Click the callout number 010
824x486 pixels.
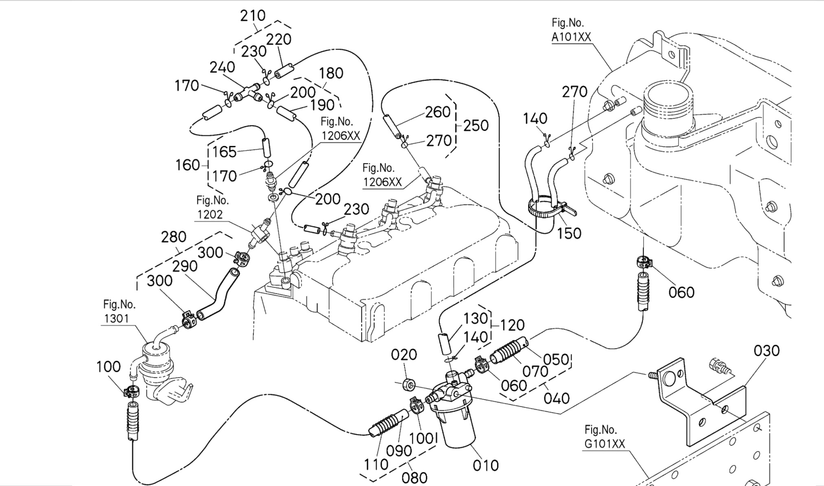486,465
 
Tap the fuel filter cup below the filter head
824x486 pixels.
458,428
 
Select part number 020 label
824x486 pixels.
404,355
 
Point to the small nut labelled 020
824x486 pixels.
409,384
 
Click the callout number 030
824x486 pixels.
767,351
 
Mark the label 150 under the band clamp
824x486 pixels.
569,233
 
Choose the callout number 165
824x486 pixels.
224,152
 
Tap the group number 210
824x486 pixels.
252,16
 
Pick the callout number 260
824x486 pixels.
438,112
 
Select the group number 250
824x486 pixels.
476,125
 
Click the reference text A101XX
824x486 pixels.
571,37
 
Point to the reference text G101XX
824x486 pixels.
604,444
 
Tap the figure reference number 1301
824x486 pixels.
116,318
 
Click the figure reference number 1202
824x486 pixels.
210,214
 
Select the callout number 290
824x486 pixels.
185,266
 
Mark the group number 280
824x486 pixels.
174,237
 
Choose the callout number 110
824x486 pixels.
376,464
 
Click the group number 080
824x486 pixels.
414,477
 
